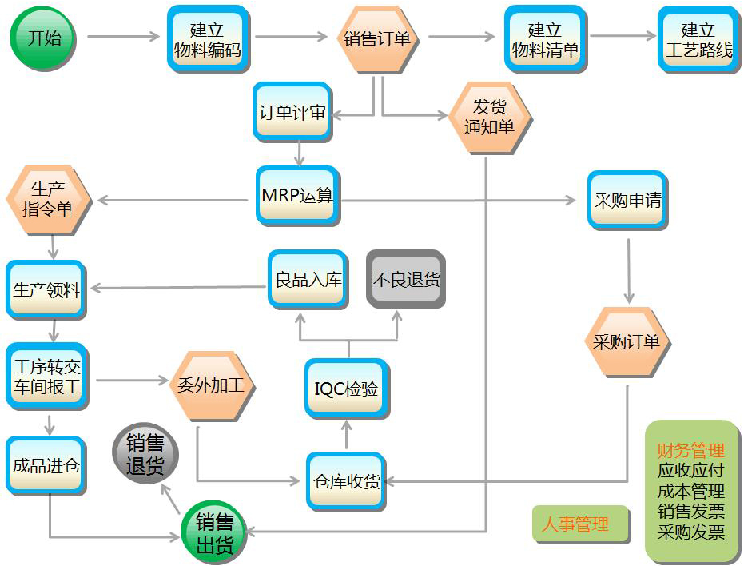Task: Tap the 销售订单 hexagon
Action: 378,39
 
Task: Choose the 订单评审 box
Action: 292,113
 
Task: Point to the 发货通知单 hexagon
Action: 490,118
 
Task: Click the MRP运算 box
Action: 297,196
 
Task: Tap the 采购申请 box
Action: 627,201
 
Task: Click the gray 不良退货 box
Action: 406,279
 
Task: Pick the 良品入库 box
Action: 308,280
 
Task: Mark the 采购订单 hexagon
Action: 627,342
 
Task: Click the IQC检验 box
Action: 347,389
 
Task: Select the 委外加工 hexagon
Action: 215,385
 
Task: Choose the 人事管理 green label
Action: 575,524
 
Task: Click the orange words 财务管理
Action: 690,451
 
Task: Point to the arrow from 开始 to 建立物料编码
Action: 124,37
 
